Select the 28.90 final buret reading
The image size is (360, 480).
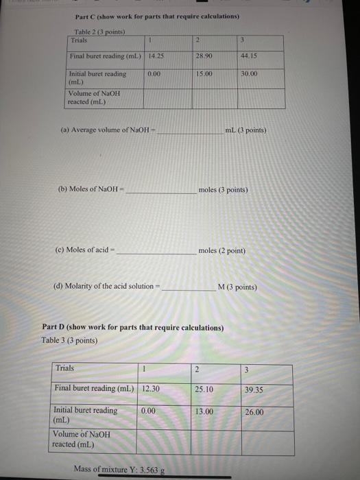coord(204,54)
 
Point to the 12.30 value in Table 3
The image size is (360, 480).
coord(151,388)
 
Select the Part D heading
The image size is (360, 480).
coord(133,328)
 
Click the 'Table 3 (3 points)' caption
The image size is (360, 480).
coord(69,340)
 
